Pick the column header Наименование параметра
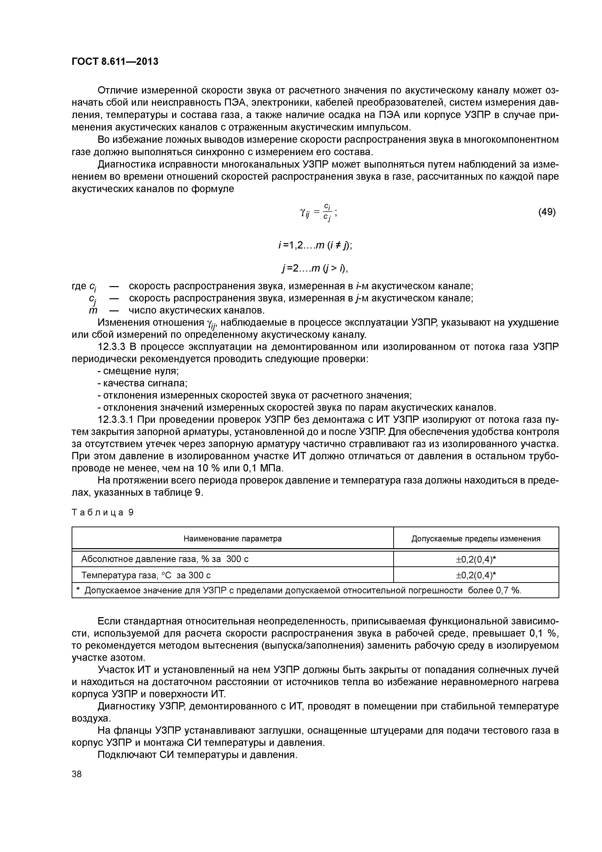click(233, 538)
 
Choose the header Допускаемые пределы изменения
click(476, 538)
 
